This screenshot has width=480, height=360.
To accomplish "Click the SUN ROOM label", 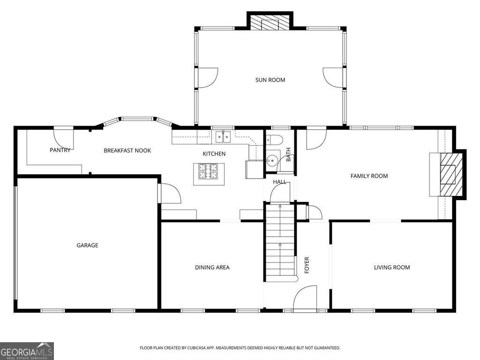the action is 270,80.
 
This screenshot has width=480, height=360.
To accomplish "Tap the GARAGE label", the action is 87,245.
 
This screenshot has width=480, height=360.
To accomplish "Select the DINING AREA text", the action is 212,267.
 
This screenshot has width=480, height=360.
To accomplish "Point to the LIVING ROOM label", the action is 392,267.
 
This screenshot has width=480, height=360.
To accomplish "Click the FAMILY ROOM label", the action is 369,176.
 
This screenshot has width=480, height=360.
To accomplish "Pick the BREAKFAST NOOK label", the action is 127,150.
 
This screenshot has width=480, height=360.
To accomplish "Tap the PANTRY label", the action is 60,150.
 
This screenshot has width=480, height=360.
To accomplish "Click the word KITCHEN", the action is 214,154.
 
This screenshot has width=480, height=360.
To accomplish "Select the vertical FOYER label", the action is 307,265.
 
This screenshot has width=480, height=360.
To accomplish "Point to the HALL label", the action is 279,182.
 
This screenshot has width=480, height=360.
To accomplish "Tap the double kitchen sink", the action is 223,137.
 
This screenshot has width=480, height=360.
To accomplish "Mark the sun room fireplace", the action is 270,22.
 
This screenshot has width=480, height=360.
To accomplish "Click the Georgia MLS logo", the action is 27,351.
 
